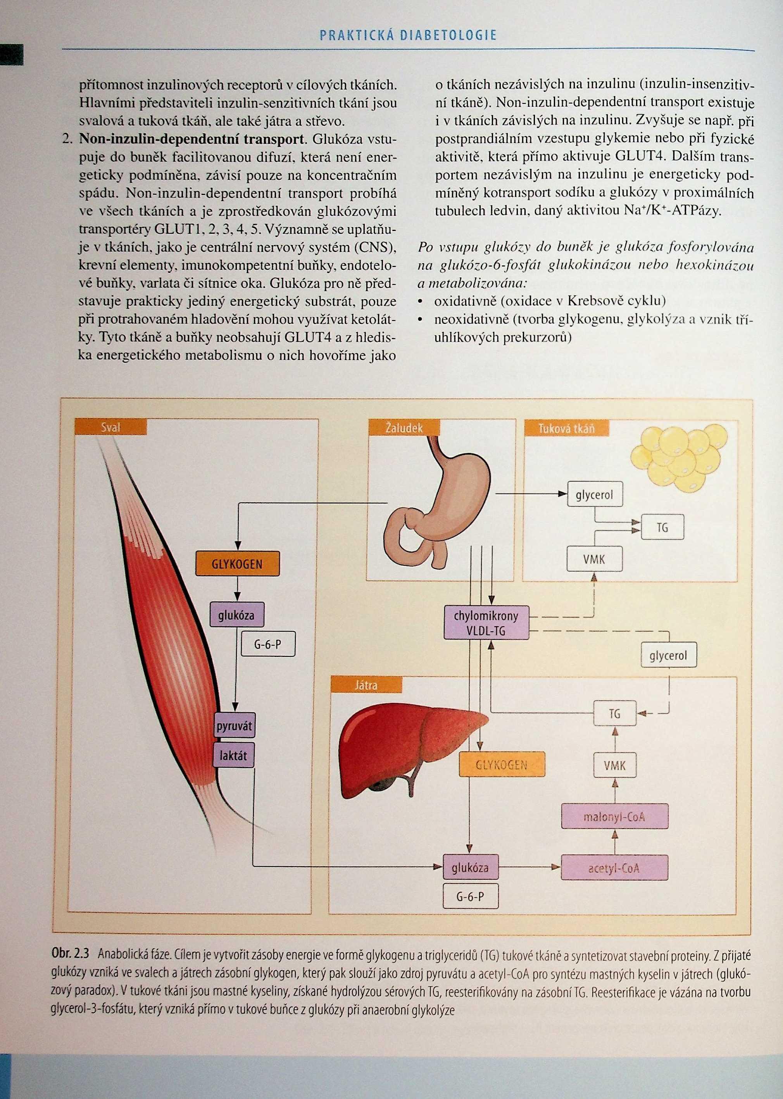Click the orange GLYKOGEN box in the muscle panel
coord(237,563)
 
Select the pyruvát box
coord(235,726)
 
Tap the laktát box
coord(234,755)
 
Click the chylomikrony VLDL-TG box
coord(486,623)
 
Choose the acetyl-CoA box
coord(614,868)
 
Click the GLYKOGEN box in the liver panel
coord(502,765)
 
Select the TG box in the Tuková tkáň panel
coord(662,527)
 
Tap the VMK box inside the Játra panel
coord(614,765)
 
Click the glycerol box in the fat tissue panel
coord(595,494)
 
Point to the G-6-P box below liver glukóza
coord(470,897)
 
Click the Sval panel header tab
coord(110,427)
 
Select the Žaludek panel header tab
coord(404,427)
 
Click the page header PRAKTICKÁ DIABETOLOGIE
coord(407,35)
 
